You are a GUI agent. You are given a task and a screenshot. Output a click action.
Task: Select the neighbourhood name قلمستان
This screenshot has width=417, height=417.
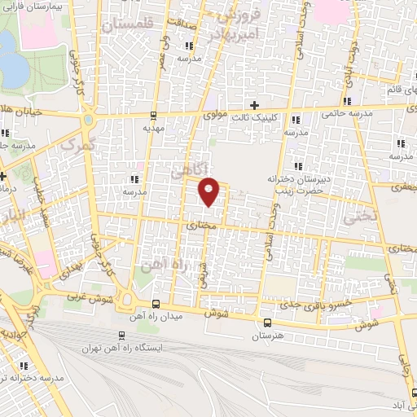point(131,26)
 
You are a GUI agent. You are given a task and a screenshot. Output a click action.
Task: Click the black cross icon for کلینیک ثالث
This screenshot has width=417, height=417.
point(255,105)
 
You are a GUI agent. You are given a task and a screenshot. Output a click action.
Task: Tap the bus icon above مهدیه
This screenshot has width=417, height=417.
point(154,116)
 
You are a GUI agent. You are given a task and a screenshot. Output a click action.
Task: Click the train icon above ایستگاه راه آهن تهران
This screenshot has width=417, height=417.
point(121,335)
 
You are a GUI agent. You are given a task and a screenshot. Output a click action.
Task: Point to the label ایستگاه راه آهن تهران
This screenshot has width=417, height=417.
point(122,348)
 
